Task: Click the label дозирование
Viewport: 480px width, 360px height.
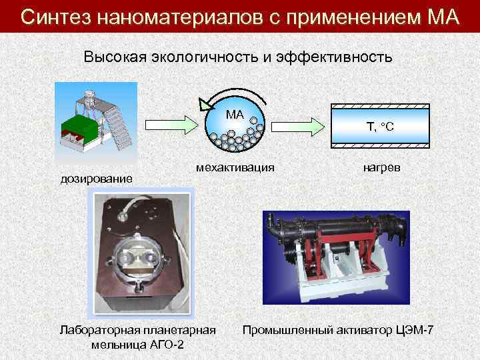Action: (x=97, y=178)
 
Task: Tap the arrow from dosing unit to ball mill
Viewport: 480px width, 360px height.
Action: (x=169, y=124)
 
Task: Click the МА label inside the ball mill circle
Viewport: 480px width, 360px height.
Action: (x=235, y=114)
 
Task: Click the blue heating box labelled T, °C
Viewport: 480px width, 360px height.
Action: (x=381, y=126)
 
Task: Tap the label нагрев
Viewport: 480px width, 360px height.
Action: (x=381, y=167)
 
